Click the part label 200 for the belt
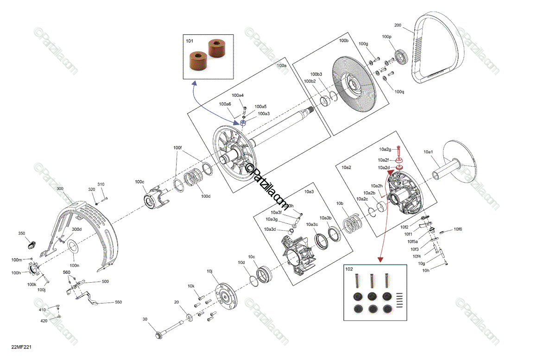click(398, 25)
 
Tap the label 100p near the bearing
click(386, 36)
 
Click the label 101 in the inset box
click(190, 41)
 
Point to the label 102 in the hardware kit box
click(349, 269)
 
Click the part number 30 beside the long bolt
click(145, 319)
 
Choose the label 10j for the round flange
click(209, 271)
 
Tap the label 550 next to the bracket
click(118, 302)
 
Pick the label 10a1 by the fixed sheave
click(428, 152)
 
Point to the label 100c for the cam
click(139, 182)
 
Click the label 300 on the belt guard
click(60, 189)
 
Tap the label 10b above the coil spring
click(340, 203)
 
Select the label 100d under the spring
click(206, 196)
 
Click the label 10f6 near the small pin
click(458, 229)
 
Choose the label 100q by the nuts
click(399, 91)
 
